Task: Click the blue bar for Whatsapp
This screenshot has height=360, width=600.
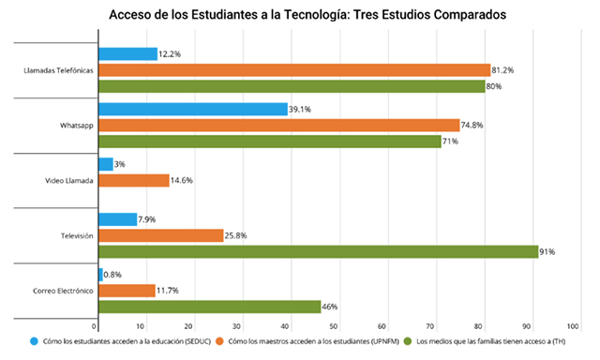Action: tap(193, 109)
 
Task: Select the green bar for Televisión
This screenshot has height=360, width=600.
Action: tap(319, 252)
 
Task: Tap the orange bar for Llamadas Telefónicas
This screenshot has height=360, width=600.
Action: tap(294, 70)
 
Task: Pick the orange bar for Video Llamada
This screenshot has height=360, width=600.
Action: tap(134, 181)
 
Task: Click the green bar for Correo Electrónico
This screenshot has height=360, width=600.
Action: tap(210, 307)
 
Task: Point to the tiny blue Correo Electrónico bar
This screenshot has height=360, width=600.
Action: tap(100, 275)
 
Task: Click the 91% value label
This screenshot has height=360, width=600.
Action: tap(547, 252)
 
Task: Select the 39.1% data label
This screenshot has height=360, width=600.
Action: tap(300, 110)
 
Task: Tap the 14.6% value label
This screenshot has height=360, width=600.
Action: tap(181, 181)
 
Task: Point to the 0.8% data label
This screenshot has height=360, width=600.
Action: tap(112, 275)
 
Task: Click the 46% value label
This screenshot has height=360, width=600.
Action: tap(330, 307)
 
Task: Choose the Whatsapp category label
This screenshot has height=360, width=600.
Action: tap(77, 126)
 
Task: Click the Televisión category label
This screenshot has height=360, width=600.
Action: tap(77, 235)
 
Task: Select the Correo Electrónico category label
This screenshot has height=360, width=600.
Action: tap(63, 291)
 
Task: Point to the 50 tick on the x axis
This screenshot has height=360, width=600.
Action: tap(334, 326)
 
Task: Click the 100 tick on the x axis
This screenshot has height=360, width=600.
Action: tap(573, 326)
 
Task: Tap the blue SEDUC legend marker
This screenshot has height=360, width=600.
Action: tap(35, 341)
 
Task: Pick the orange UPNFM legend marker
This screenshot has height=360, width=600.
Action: tap(219, 341)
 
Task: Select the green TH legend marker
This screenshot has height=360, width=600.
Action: tap(408, 341)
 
